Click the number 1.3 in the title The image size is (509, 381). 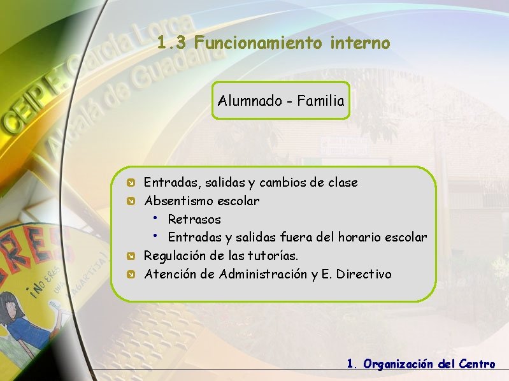(172, 43)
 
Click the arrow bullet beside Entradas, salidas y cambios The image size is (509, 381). (129, 183)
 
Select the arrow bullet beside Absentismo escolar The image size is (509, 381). (129, 202)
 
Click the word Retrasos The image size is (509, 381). (194, 220)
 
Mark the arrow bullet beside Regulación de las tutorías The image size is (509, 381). (129, 257)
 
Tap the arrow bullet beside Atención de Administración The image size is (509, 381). (129, 275)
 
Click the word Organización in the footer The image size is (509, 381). (398, 364)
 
